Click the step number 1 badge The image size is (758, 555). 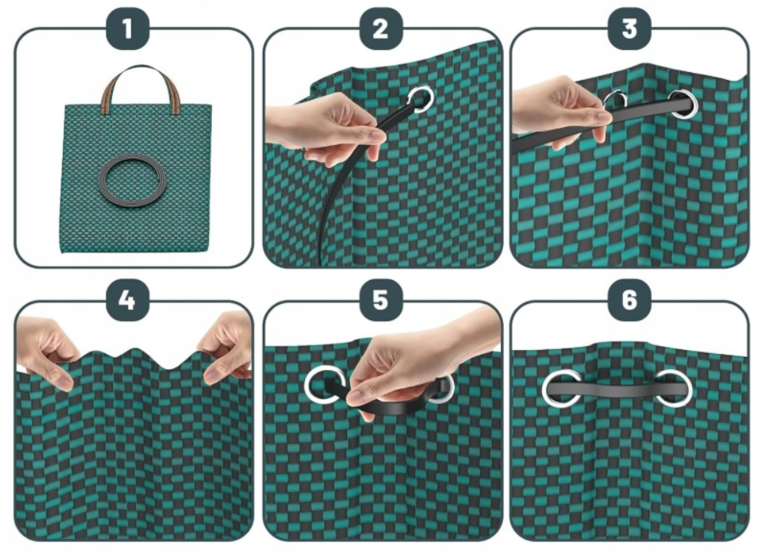click(x=127, y=28)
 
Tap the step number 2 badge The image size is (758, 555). click(x=380, y=28)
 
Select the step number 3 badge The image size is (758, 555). click(x=629, y=28)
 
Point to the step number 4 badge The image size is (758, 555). click(x=127, y=300)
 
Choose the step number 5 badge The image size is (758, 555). click(x=380, y=300)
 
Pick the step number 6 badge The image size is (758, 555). click(x=629, y=300)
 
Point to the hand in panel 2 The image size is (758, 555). click(x=329, y=130)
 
